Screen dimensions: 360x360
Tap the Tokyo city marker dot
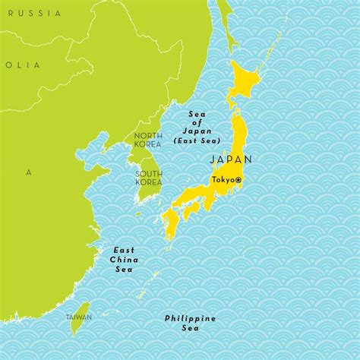tap(238, 179)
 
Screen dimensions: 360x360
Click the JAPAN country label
tap(229, 159)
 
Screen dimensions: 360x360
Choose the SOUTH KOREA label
tap(149, 178)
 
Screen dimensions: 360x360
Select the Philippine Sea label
tap(189, 322)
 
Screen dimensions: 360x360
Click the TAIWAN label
tap(77, 316)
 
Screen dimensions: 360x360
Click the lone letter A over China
tap(29, 172)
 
